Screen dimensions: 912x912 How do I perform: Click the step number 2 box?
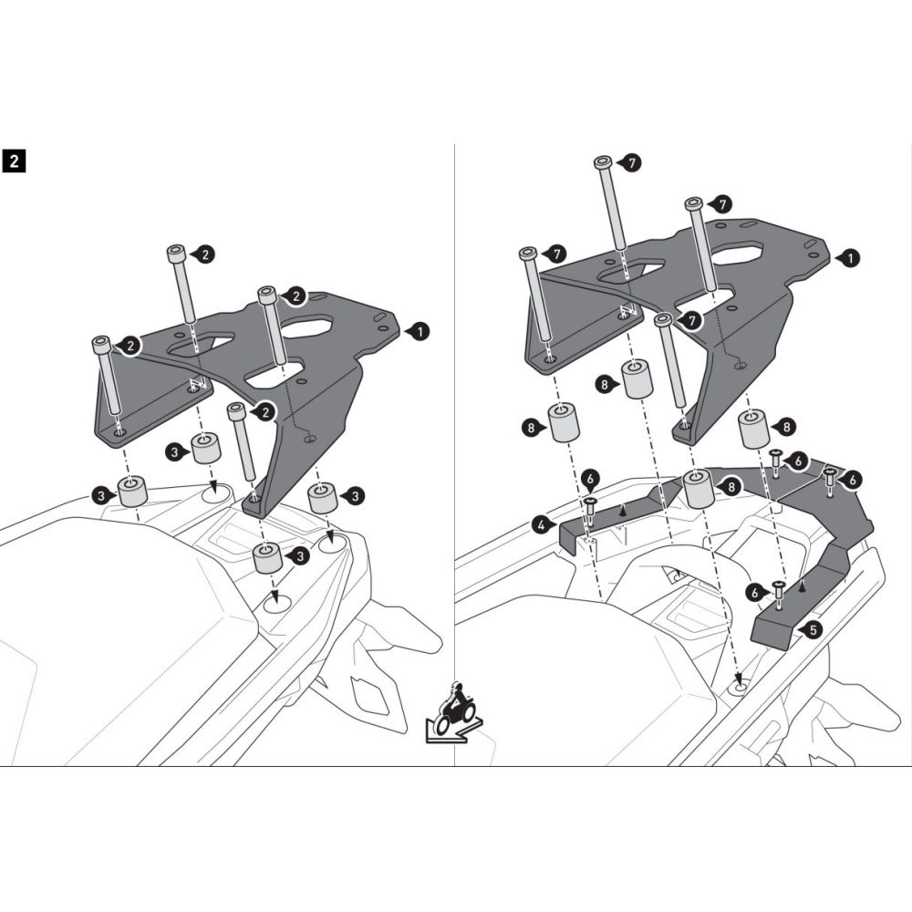(16, 161)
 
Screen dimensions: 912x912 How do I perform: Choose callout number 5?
(813, 628)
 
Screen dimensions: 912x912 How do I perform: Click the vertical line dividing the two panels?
(454, 456)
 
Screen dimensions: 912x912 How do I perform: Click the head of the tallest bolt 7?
(604, 163)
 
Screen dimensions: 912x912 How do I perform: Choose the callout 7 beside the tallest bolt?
(633, 163)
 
